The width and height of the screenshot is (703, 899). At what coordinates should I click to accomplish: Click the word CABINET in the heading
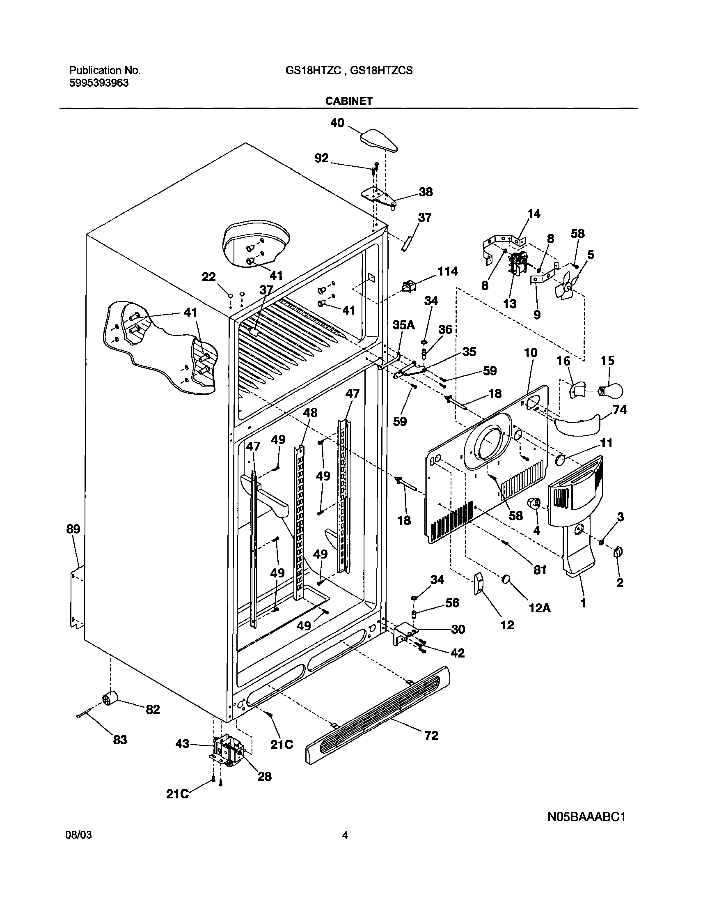tap(348, 101)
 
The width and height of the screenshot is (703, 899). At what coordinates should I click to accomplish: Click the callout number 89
tap(73, 529)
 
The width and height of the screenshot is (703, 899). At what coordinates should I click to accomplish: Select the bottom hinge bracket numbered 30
tap(405, 634)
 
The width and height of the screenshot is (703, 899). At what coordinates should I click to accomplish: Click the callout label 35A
tap(403, 325)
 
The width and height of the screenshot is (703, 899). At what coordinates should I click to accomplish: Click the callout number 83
tap(120, 740)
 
